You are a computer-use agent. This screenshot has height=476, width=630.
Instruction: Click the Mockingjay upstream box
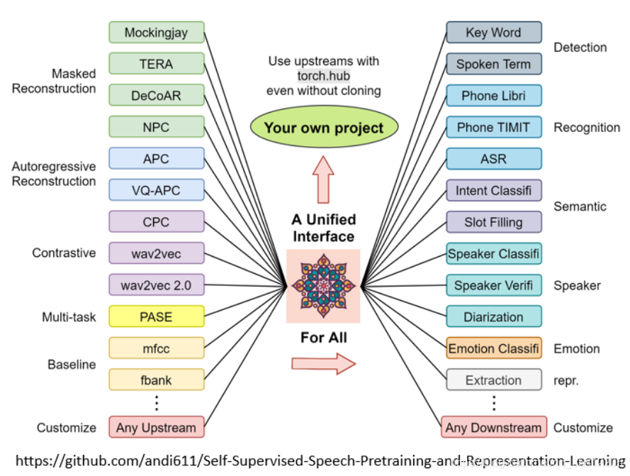point(157,32)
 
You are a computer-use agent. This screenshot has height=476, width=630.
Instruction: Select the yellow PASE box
point(157,316)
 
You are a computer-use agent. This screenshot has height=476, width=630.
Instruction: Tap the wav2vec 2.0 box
point(157,285)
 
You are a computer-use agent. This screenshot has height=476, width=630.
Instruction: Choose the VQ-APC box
point(157,190)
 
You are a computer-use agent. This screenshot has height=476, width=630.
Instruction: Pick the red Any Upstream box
point(157,427)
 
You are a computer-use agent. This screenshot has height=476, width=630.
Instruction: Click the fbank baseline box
point(157,380)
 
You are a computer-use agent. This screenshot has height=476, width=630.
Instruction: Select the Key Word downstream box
point(494,32)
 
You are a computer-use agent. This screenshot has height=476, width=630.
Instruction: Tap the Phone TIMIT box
point(494,127)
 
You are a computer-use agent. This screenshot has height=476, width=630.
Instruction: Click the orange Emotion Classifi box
point(494,348)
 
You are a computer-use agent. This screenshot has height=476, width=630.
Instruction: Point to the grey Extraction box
point(494,380)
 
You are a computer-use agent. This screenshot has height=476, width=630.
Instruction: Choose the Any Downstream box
point(494,427)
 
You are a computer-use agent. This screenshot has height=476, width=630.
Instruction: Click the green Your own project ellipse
point(324,127)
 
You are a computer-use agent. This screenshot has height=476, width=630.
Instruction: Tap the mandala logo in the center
point(323,286)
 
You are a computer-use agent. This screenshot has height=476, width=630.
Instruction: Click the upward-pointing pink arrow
point(323,179)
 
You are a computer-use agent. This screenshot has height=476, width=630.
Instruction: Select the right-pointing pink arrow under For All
point(323,364)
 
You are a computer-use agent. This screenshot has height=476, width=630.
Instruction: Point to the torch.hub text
point(323,76)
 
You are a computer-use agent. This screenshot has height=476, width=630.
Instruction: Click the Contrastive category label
point(64,253)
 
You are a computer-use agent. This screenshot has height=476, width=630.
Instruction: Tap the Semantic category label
point(580,206)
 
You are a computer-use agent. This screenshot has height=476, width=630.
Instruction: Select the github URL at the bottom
point(320,460)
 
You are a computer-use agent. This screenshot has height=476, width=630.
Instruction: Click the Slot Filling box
point(494,222)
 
